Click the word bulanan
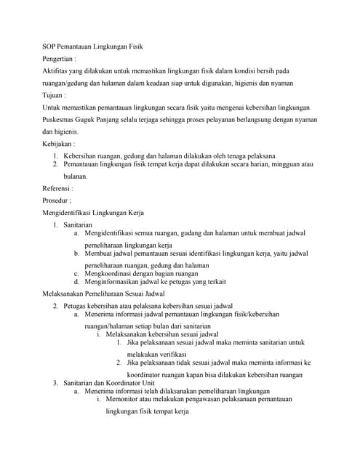click(75, 177)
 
